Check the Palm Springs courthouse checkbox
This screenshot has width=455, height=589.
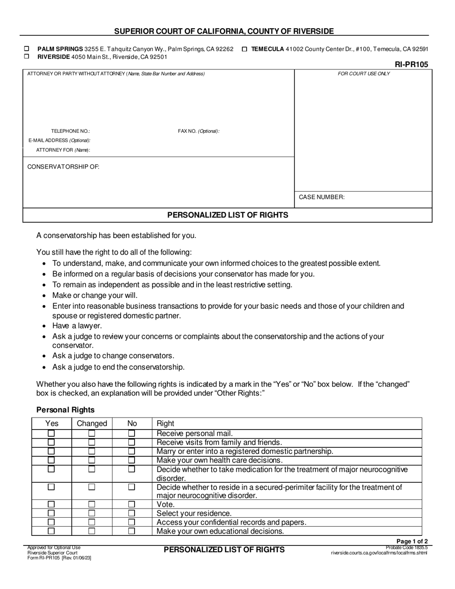click(x=27, y=49)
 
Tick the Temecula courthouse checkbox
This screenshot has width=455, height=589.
click(x=244, y=49)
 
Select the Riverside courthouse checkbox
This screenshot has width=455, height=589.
click(x=27, y=56)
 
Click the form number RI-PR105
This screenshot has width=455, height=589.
click(x=411, y=65)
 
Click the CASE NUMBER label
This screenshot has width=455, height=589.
click(x=321, y=197)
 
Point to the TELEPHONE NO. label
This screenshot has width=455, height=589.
click(x=70, y=131)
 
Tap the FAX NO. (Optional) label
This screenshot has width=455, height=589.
click(x=198, y=131)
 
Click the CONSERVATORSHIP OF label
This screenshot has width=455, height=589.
click(x=63, y=167)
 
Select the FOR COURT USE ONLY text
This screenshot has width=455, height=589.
click(x=364, y=74)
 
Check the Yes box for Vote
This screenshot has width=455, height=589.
click(x=51, y=504)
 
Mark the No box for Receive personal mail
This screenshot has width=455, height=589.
click(x=132, y=433)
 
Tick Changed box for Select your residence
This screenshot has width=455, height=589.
click(x=91, y=513)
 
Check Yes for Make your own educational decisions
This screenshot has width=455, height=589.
click(x=51, y=531)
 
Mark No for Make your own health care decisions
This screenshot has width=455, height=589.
click(x=132, y=460)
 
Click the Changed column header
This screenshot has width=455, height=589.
click(x=92, y=423)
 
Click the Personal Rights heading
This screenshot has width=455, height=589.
click(x=66, y=410)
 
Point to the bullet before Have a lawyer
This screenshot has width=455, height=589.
click(x=44, y=326)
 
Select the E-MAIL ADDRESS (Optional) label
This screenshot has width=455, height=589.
click(x=59, y=140)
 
